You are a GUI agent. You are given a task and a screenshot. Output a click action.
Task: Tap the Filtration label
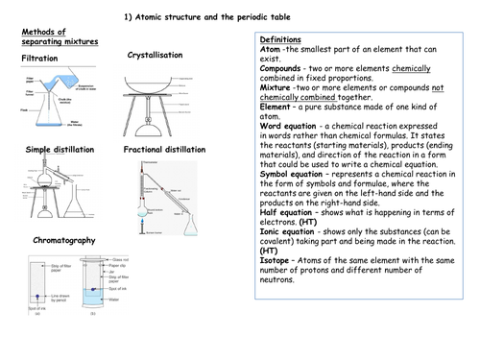(x=40, y=60)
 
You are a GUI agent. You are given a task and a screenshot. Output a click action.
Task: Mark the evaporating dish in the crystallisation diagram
(x=154, y=80)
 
